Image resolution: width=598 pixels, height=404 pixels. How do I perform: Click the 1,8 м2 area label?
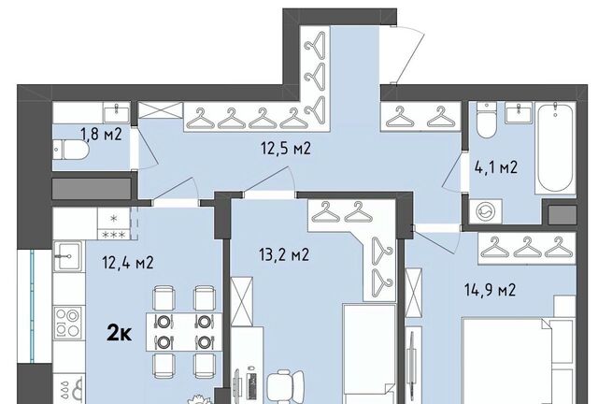coord(101,135)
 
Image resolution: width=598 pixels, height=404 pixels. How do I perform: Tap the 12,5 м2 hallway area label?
coord(286,148)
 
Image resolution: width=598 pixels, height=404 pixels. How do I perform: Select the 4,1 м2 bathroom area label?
coord(496,167)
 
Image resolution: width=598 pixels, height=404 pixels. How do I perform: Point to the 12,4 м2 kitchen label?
coord(128,263)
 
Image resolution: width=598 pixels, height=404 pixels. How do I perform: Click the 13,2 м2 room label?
coord(284,254)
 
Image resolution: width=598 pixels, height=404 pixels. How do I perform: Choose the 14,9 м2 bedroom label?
coord(490,290)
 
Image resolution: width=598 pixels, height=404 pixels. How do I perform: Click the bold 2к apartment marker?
coord(120,333)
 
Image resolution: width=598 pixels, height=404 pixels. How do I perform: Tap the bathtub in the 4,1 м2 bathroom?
coord(555,148)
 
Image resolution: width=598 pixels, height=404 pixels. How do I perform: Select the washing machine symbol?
coord(486,211)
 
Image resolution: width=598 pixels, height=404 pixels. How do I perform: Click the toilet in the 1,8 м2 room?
coord(71,150)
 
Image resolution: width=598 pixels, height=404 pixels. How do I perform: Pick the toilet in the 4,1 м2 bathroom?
coord(486,120)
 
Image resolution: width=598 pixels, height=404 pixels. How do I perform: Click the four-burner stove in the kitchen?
coord(68,323)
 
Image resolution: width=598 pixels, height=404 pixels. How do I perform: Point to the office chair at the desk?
coord(285,385)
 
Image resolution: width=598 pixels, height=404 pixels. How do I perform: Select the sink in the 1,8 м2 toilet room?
coord(116,112)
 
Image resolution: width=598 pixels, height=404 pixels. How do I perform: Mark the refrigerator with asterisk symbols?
coord(114,224)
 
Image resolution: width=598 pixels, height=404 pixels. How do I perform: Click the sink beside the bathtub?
coord(519,112)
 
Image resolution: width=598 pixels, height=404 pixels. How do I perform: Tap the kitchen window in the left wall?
coord(32,306)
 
